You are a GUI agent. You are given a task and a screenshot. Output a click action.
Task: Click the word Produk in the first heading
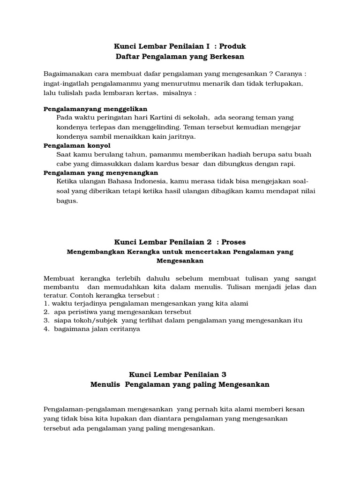(x=233, y=46)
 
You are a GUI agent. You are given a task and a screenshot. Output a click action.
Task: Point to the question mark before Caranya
(x=271, y=74)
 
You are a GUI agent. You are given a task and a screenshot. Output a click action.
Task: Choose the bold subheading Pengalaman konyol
(x=77, y=145)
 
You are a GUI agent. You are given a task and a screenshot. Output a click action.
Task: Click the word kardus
(x=186, y=164)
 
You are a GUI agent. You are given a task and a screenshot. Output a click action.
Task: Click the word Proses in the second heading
(x=233, y=242)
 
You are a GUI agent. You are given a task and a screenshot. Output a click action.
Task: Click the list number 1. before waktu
(x=46, y=303)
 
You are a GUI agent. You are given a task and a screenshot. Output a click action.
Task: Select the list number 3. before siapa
(x=46, y=320)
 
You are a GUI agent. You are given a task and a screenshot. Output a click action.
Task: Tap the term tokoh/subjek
(x=97, y=320)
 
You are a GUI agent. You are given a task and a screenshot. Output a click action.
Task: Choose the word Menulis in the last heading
(x=104, y=384)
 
